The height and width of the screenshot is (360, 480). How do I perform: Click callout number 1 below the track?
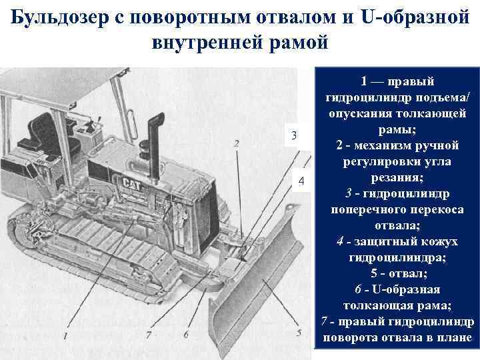[x=65, y=338]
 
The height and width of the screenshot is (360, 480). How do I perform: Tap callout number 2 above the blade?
[x=237, y=144]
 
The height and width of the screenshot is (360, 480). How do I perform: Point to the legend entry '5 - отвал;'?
[x=397, y=273]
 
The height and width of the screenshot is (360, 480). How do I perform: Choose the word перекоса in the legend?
[x=433, y=209]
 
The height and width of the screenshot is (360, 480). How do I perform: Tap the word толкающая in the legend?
[x=378, y=305]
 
